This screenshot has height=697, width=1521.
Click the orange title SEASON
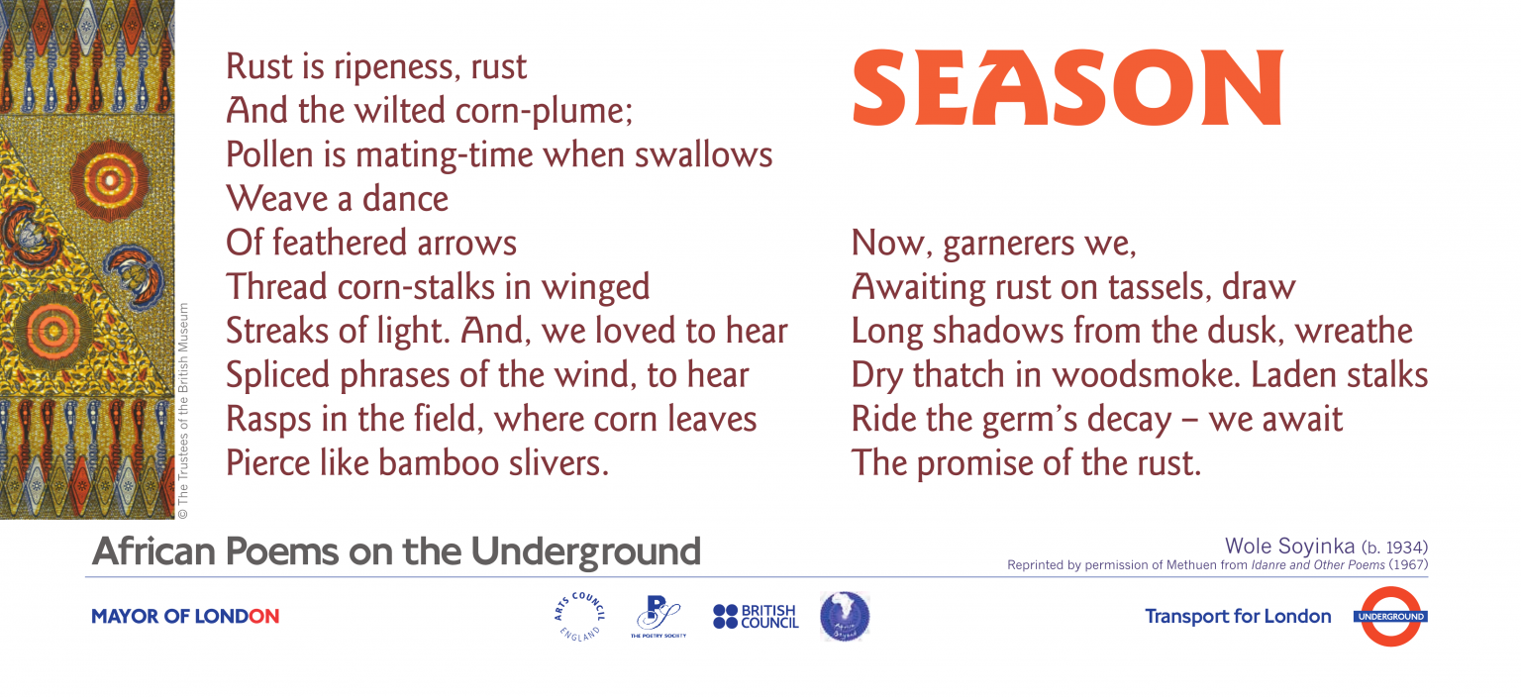(x=1066, y=88)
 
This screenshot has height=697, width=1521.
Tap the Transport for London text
(x=1238, y=617)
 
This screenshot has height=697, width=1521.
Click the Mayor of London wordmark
(x=185, y=617)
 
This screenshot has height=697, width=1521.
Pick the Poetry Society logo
(x=658, y=616)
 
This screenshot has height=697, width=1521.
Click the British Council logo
(x=756, y=617)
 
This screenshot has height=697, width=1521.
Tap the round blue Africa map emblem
(x=845, y=616)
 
